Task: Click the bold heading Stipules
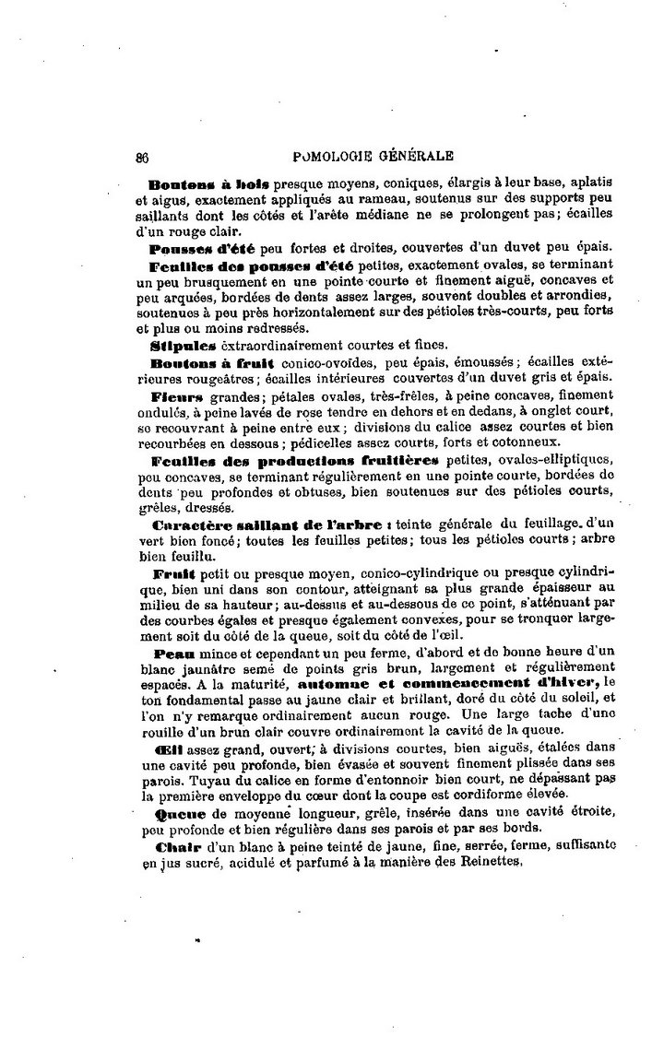click(x=183, y=345)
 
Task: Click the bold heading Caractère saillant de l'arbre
click(x=274, y=524)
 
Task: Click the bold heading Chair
click(x=172, y=845)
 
